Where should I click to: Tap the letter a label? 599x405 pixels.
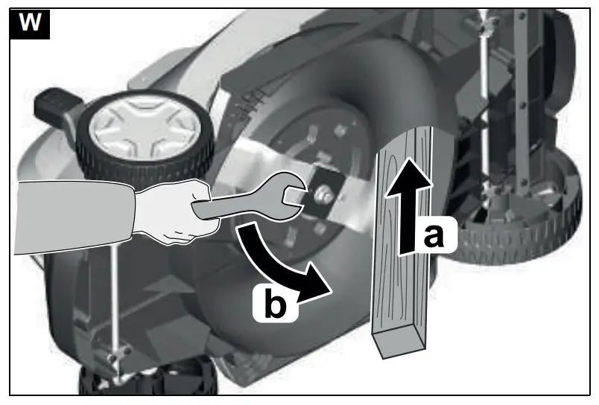(431, 237)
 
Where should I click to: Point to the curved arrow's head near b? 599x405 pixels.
(317, 284)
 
